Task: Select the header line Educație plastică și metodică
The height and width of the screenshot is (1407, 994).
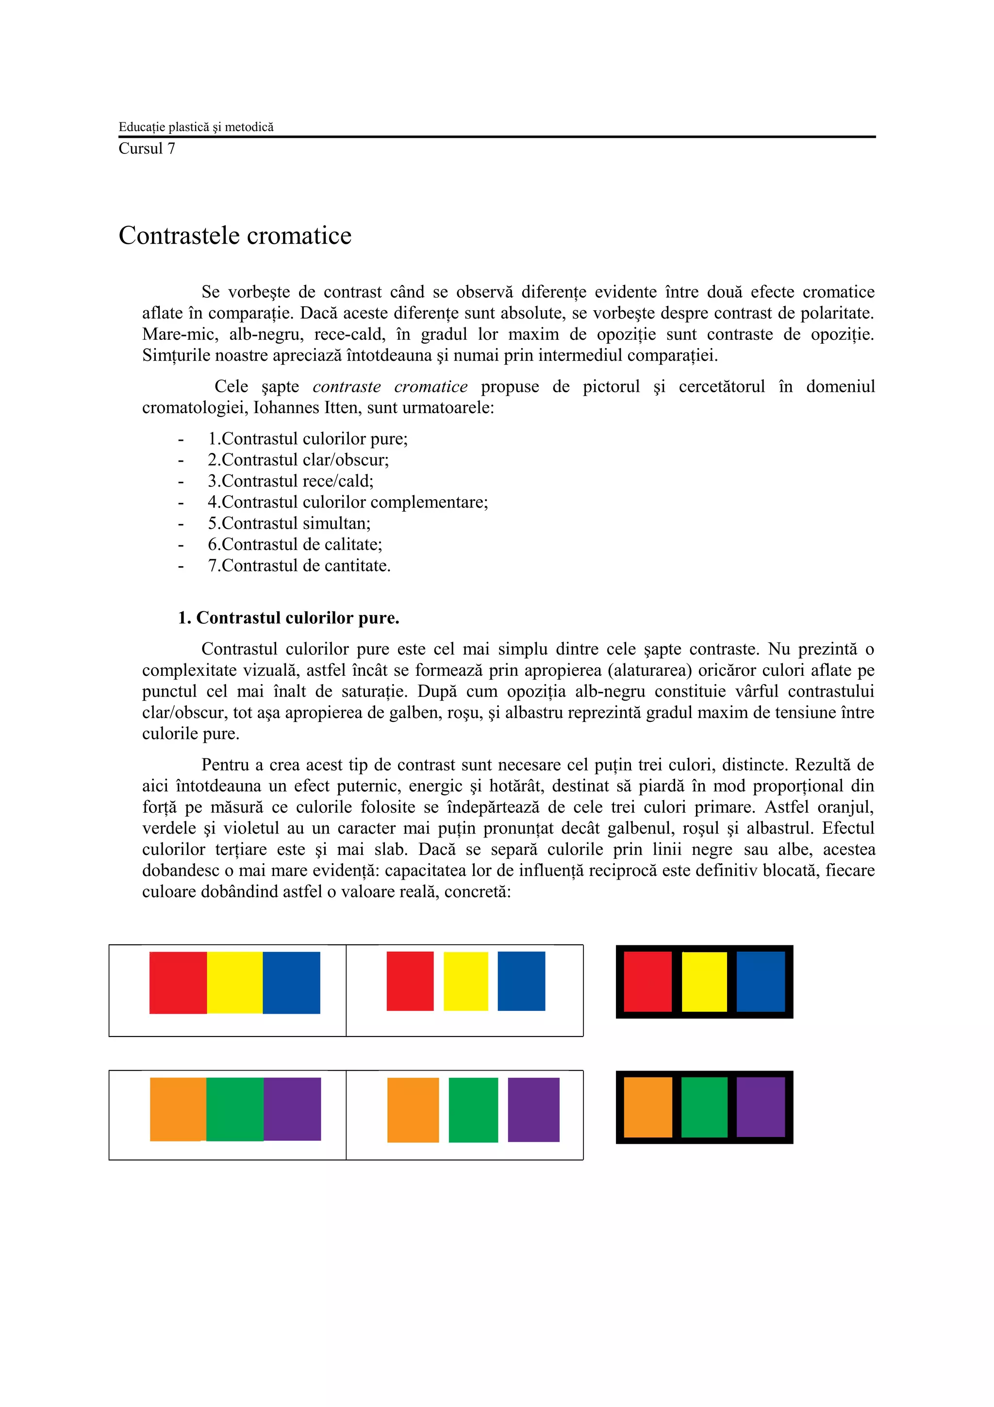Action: point(196,127)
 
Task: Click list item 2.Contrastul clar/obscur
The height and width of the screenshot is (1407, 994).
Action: point(298,460)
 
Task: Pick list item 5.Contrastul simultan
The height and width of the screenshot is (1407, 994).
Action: point(289,523)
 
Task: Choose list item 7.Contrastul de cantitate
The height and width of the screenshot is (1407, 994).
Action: point(299,566)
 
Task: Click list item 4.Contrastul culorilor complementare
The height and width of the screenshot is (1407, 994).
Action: point(348,502)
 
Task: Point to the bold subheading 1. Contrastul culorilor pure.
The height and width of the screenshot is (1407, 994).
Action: point(288,618)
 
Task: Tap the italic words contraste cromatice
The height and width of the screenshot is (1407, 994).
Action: point(390,386)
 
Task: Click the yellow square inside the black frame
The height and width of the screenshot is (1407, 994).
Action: point(704,982)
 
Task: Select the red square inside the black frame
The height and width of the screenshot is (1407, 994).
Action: point(647,982)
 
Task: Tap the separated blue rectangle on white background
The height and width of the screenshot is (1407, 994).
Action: point(521,981)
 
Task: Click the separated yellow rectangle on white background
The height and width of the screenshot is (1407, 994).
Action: point(465,981)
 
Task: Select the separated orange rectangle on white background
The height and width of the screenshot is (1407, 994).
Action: point(413,1110)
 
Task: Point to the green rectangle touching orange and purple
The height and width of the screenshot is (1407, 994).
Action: point(234,1109)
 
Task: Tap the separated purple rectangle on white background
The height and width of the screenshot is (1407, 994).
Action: point(533,1110)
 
